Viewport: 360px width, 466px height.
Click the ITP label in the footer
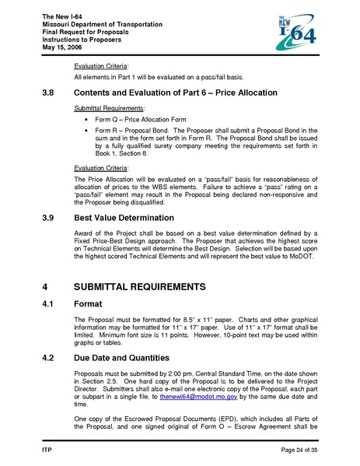coord(46,450)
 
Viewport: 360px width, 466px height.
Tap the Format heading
coord(93,304)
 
